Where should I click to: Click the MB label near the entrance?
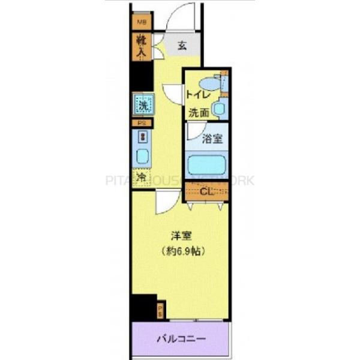142,23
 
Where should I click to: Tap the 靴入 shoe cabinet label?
142,47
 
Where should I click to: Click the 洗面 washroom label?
199,112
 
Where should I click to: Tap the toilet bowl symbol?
211,84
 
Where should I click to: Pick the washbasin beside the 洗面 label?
220,110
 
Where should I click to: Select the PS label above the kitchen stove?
142,124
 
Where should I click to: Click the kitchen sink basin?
142,157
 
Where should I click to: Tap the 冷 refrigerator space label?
142,178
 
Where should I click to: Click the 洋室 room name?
179,236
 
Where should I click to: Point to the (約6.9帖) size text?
179,251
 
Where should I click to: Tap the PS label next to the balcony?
160,311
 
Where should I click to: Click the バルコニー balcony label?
181,339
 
